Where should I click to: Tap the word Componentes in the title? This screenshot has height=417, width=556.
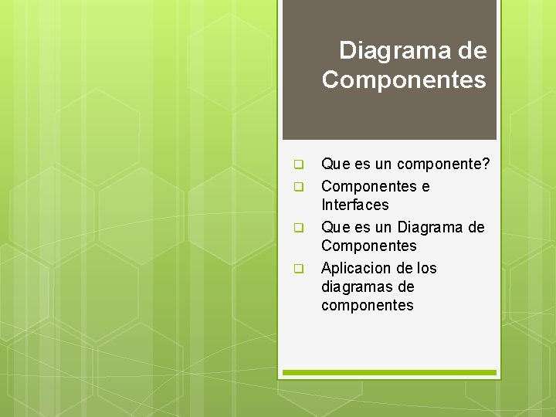(x=404, y=80)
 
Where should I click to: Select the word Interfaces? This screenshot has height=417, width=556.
(x=354, y=205)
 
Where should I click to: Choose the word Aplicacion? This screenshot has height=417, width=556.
(x=356, y=268)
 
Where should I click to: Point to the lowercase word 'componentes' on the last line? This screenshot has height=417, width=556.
(x=367, y=306)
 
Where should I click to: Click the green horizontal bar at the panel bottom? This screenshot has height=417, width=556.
(x=389, y=372)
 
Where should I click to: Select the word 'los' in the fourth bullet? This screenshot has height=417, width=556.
(x=426, y=268)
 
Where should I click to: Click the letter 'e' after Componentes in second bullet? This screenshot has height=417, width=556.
(x=425, y=187)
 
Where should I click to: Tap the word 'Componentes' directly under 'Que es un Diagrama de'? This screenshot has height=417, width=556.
(x=368, y=246)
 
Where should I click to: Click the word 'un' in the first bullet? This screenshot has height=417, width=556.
(x=385, y=164)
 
